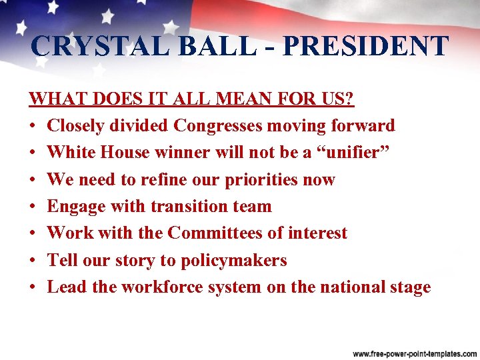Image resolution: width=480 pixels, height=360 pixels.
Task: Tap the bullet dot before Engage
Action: tap(33, 207)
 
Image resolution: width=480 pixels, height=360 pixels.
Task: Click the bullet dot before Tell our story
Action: tap(33, 261)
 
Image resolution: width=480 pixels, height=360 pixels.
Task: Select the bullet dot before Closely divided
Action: tap(33, 126)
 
